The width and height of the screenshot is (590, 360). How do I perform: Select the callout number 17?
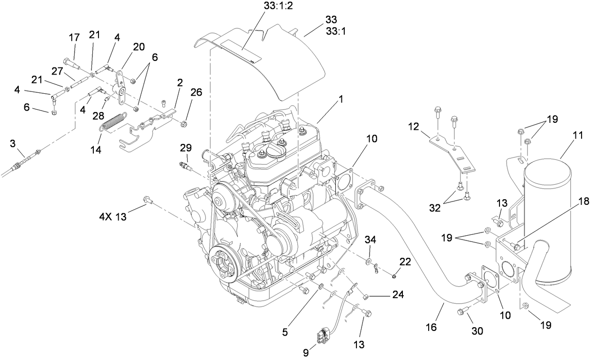[74, 37]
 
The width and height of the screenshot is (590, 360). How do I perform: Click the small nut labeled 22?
[394, 275]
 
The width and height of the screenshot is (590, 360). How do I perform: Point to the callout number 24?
[399, 296]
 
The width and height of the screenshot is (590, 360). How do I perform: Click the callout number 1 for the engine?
[341, 100]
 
